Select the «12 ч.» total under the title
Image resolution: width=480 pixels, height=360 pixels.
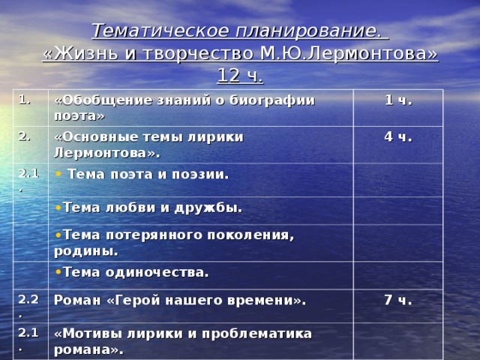[240, 76]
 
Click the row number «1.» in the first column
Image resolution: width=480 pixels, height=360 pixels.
[23, 99]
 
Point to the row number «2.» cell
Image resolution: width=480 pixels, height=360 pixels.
[23, 136]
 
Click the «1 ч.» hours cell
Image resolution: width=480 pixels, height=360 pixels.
[397, 100]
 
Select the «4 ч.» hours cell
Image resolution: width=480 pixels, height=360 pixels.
[397, 137]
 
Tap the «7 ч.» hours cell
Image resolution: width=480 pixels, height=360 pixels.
[397, 300]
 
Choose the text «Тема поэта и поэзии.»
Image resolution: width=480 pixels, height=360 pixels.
[148, 175]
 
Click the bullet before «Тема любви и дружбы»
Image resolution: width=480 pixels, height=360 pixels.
[59, 208]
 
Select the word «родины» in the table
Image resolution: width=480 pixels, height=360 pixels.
[84, 250]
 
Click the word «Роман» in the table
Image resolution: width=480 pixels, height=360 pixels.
[75, 300]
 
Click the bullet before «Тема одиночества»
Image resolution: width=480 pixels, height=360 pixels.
[59, 272]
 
